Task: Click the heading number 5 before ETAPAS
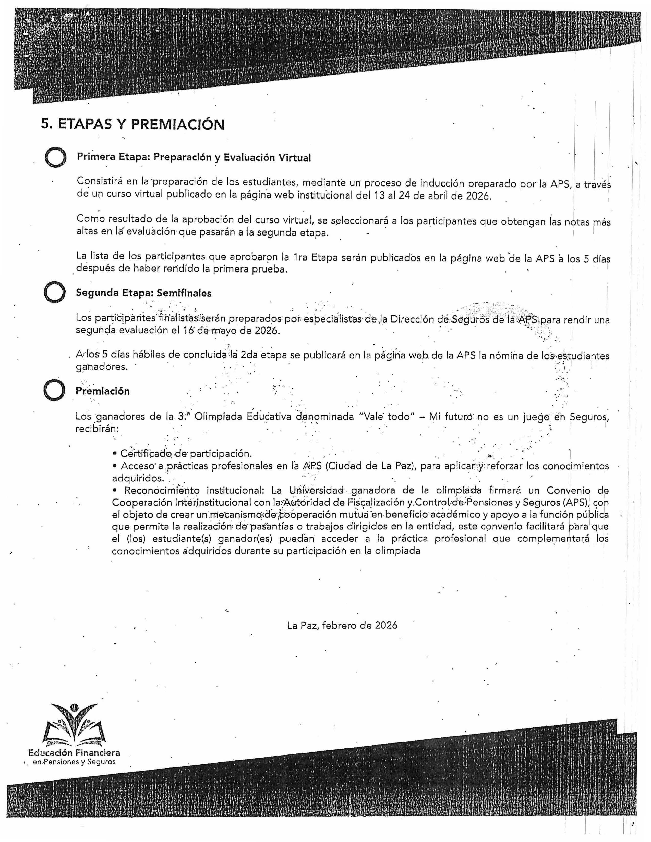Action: pos(45,125)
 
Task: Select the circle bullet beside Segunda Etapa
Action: pos(54,293)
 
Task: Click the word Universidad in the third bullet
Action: pos(316,491)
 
